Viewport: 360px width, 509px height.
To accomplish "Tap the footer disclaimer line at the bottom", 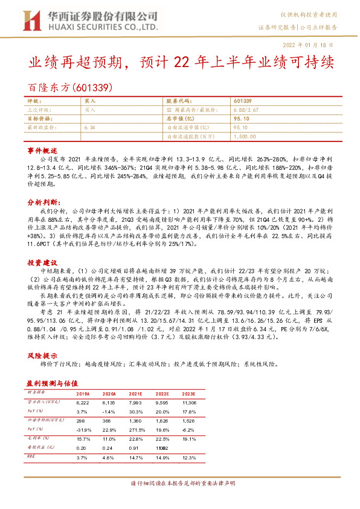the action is point(179,484).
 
